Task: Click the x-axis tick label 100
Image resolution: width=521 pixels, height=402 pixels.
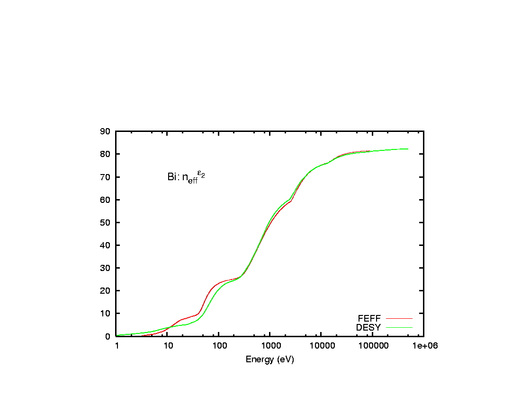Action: pyautogui.click(x=219, y=346)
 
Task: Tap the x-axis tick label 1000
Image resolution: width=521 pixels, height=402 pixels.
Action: pyautogui.click(x=270, y=346)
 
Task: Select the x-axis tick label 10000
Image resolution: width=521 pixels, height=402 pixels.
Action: pyautogui.click(x=321, y=346)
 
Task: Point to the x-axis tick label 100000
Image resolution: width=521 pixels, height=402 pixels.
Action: pyautogui.click(x=372, y=346)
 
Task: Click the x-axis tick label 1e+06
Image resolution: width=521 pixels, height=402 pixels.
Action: pyautogui.click(x=423, y=346)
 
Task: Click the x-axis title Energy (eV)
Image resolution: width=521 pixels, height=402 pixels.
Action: pyautogui.click(x=269, y=359)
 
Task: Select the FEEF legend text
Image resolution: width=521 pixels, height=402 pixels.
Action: pyautogui.click(x=369, y=318)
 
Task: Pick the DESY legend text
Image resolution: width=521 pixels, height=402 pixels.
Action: pyautogui.click(x=368, y=327)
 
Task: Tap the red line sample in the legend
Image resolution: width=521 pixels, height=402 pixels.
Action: pyautogui.click(x=399, y=318)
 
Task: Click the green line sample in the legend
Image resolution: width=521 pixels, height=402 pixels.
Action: pyautogui.click(x=399, y=327)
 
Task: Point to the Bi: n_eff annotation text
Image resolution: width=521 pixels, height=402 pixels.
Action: pyautogui.click(x=186, y=177)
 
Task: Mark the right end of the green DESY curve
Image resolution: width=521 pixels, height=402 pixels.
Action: pyautogui.click(x=408, y=149)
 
